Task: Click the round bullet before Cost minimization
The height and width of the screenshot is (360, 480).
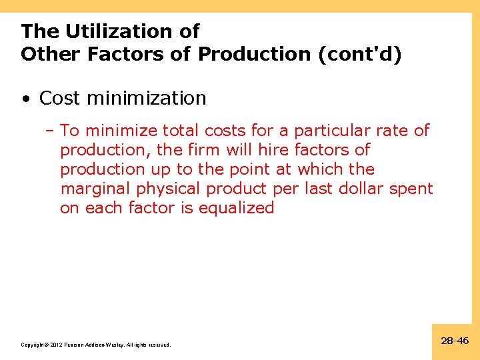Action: pos(25,99)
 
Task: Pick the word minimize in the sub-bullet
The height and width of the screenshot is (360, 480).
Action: pos(118,131)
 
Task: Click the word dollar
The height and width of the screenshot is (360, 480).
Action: pos(371,189)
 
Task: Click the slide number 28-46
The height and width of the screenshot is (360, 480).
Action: pos(455,341)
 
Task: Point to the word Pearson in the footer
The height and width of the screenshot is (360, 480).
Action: pos(77,345)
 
